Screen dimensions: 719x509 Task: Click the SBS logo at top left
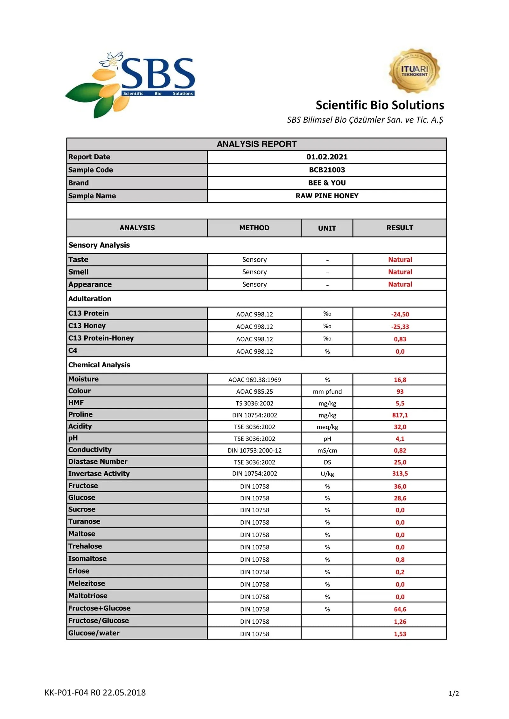click(130, 84)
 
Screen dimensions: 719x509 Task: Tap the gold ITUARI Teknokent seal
click(414, 71)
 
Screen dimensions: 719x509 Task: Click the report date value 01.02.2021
click(327, 157)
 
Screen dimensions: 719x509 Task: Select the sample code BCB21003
click(327, 170)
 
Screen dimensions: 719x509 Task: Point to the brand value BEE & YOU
click(327, 183)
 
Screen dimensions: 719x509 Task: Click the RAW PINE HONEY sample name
click(327, 196)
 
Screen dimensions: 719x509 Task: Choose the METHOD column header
click(254, 228)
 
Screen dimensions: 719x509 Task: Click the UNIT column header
click(327, 228)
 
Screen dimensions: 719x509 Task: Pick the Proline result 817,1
click(400, 415)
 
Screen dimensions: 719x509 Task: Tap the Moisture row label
click(83, 379)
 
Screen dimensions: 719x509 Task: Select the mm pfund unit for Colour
click(327, 391)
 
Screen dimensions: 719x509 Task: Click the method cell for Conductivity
click(254, 450)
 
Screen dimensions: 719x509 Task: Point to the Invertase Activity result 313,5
click(400, 473)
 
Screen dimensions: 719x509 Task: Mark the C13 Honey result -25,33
click(400, 327)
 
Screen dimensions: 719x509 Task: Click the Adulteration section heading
click(90, 299)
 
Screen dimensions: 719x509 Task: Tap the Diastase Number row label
click(98, 462)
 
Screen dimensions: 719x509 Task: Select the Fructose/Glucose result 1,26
click(400, 621)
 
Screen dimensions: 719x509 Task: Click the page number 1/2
click(453, 694)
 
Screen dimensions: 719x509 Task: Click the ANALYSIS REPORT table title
click(256, 144)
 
